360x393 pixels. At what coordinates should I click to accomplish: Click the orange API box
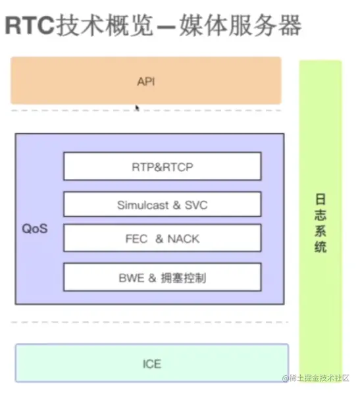click(x=146, y=80)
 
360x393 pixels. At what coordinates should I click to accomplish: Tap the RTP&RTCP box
click(x=163, y=166)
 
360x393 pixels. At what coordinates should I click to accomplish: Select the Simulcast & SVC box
click(x=163, y=204)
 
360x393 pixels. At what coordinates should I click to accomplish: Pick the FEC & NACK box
click(x=163, y=238)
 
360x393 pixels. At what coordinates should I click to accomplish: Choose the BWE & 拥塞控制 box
click(x=163, y=277)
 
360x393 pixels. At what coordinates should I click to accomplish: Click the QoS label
click(x=35, y=228)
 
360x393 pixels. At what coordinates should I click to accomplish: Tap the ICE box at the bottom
click(x=152, y=363)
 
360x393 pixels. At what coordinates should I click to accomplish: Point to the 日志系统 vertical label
click(x=321, y=223)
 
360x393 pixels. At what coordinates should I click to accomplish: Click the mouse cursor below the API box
click(x=137, y=108)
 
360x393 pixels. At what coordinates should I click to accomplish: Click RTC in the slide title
click(x=30, y=25)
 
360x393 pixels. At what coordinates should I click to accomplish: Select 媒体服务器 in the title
click(x=240, y=25)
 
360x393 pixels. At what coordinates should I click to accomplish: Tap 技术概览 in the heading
click(x=105, y=25)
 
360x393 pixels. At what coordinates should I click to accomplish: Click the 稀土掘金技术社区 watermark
click(x=316, y=378)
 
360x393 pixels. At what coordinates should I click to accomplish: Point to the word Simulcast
click(x=143, y=205)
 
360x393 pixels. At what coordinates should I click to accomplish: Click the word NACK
click(x=184, y=239)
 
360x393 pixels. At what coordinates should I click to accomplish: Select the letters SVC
click(x=196, y=205)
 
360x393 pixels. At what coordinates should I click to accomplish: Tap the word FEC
click(x=136, y=239)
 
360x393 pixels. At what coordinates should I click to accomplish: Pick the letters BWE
click(x=132, y=278)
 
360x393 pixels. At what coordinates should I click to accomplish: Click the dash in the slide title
click(x=166, y=26)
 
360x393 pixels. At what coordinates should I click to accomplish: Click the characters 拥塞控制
click(x=184, y=278)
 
